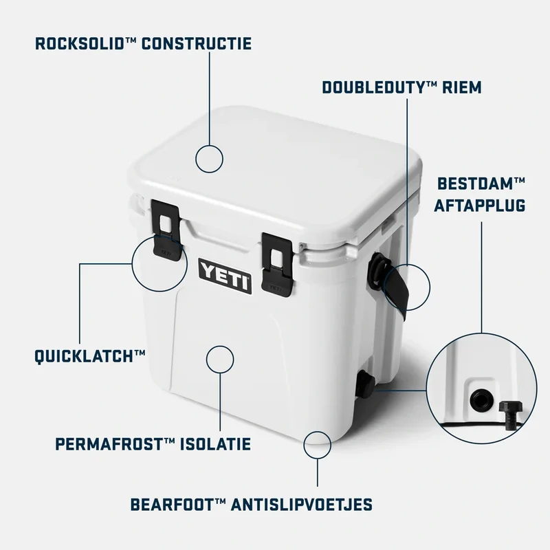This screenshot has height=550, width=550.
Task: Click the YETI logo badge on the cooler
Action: click(x=225, y=276)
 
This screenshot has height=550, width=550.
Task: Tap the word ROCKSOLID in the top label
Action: click(x=80, y=44)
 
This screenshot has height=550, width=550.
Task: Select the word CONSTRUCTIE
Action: click(x=196, y=44)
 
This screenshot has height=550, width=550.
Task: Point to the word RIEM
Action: click(x=461, y=88)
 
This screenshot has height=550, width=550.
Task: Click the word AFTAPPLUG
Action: click(x=480, y=206)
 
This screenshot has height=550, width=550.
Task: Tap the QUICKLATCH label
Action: click(x=90, y=357)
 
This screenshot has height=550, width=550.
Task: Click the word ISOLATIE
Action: click(x=215, y=444)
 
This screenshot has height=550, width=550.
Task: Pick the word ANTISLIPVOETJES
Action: click(x=301, y=505)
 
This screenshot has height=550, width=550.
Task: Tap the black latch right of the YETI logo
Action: click(x=277, y=265)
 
